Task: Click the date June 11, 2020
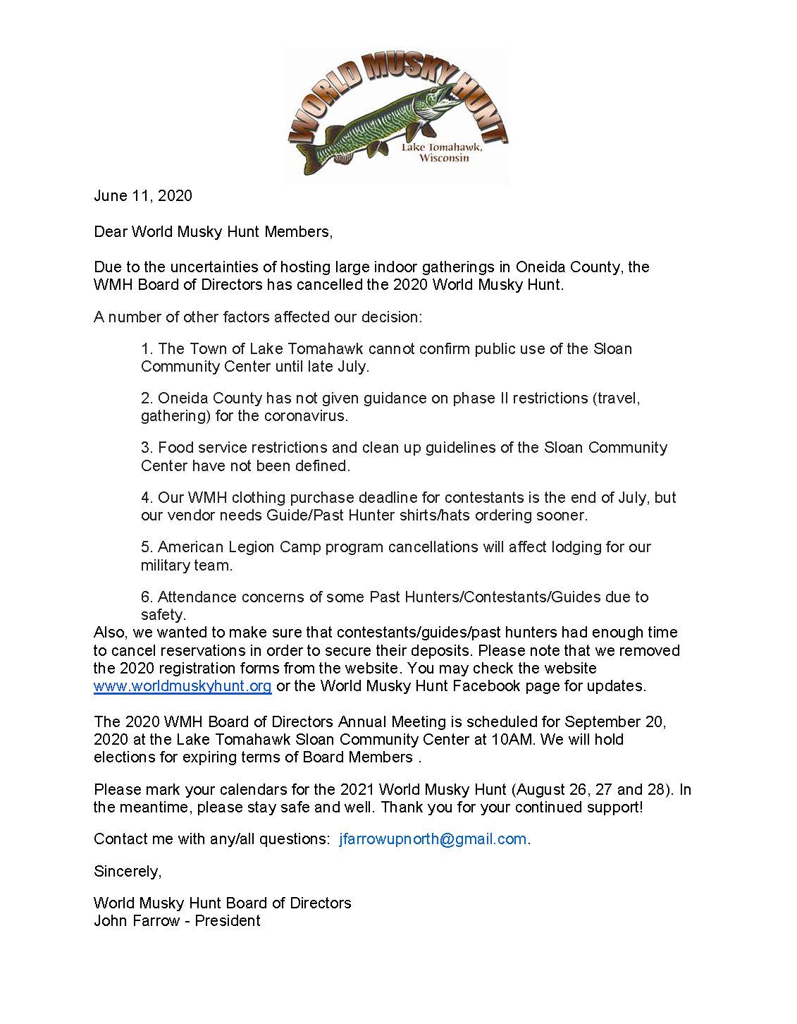143,195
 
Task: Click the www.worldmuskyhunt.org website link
183,686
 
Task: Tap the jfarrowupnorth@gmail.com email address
433,839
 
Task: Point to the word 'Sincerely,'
128,872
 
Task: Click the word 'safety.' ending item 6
163,615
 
